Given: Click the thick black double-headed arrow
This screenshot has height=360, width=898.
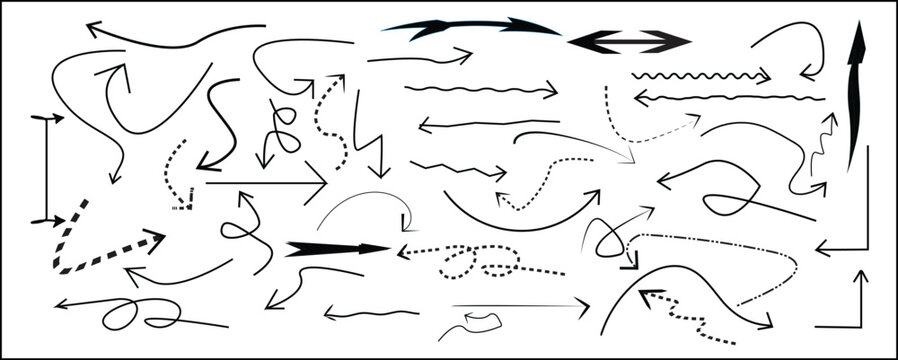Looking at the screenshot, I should pos(629,41).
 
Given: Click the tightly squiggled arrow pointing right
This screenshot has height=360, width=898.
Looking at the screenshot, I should pos(700,76).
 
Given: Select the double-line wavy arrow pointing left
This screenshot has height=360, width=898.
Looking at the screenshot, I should pos(730,97).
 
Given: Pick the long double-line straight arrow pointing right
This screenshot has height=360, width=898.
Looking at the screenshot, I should pos(520,305).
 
